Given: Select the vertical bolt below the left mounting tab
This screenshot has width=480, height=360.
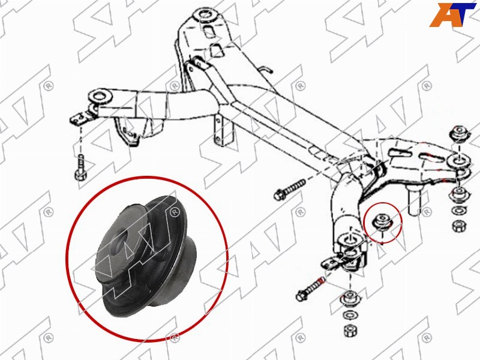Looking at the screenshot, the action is click(80, 168).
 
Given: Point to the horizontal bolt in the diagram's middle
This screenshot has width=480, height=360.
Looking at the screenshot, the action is click(290, 189).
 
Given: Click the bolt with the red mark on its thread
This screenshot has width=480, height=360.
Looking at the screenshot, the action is click(310, 289).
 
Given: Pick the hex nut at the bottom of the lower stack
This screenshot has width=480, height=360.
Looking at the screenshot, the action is click(349, 331).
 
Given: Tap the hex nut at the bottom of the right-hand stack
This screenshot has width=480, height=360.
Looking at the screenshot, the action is click(458, 226).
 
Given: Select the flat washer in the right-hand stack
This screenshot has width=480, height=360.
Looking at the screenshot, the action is click(458, 211).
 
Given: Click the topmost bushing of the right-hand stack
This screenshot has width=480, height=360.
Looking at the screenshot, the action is click(459, 134).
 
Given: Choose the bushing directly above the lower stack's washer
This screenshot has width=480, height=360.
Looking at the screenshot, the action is click(349, 298).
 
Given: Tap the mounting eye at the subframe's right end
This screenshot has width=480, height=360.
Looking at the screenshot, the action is click(458, 161).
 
